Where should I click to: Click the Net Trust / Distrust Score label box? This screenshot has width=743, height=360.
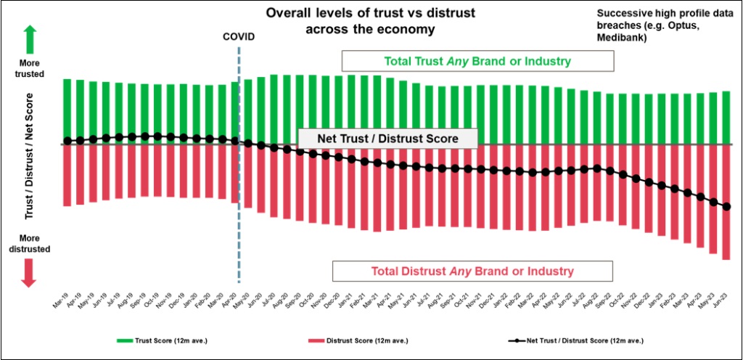pyautogui.click(x=387, y=139)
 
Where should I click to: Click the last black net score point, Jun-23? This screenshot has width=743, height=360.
pyautogui.click(x=726, y=207)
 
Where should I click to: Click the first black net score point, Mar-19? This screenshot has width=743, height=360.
pyautogui.click(x=67, y=141)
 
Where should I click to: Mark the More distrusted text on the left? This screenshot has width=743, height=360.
pyautogui.click(x=30, y=243)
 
